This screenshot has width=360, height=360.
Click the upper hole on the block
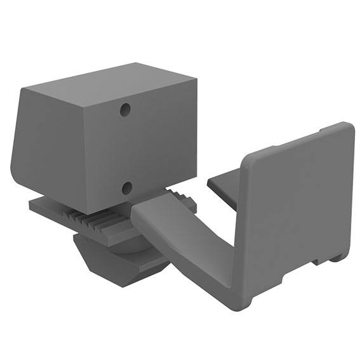(126, 110)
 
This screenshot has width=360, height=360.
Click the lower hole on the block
(126, 187)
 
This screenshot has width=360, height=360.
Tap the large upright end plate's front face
(298, 210)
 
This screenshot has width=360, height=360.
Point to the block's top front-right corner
(194, 80)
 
